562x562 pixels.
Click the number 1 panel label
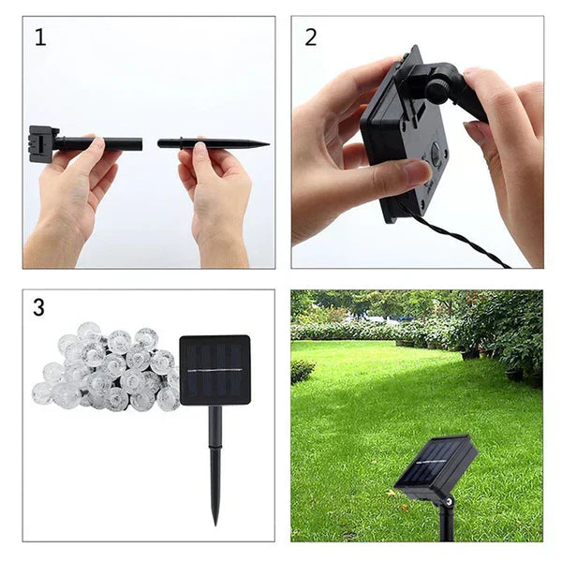pyautogui.click(x=40, y=37)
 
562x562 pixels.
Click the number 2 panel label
pyautogui.click(x=311, y=37)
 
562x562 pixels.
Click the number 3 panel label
pyautogui.click(x=38, y=307)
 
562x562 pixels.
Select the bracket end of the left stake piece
pyautogui.click(x=42, y=143)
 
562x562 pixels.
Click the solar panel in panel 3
pyautogui.click(x=214, y=369)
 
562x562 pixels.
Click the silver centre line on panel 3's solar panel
pyautogui.click(x=214, y=370)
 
